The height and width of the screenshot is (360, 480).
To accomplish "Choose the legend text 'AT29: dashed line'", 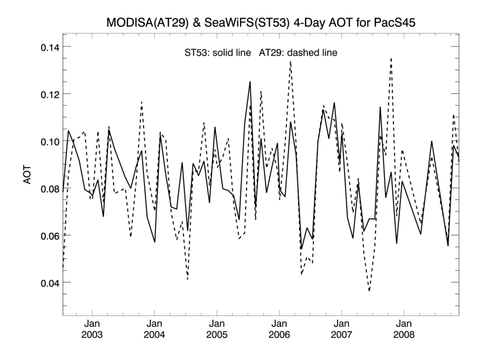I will point(298,53).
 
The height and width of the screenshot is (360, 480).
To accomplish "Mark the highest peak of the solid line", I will point(250,82).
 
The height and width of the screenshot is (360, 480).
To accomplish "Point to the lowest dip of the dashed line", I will point(369,291).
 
